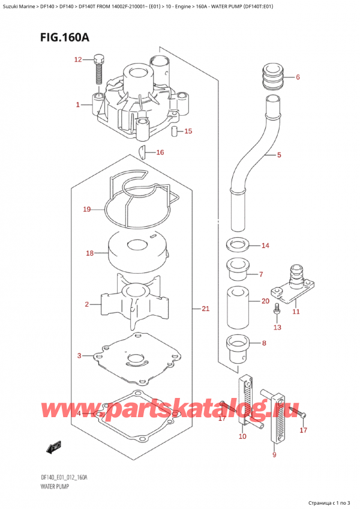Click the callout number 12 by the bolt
coord(77,59)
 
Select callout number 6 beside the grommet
coord(298,77)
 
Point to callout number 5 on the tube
coord(279,155)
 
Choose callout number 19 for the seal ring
coord(87,209)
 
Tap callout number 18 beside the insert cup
coord(89,253)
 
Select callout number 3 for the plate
coord(80,357)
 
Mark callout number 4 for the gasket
coord(80,414)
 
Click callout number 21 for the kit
coord(205,309)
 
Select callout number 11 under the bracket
coord(296,311)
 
